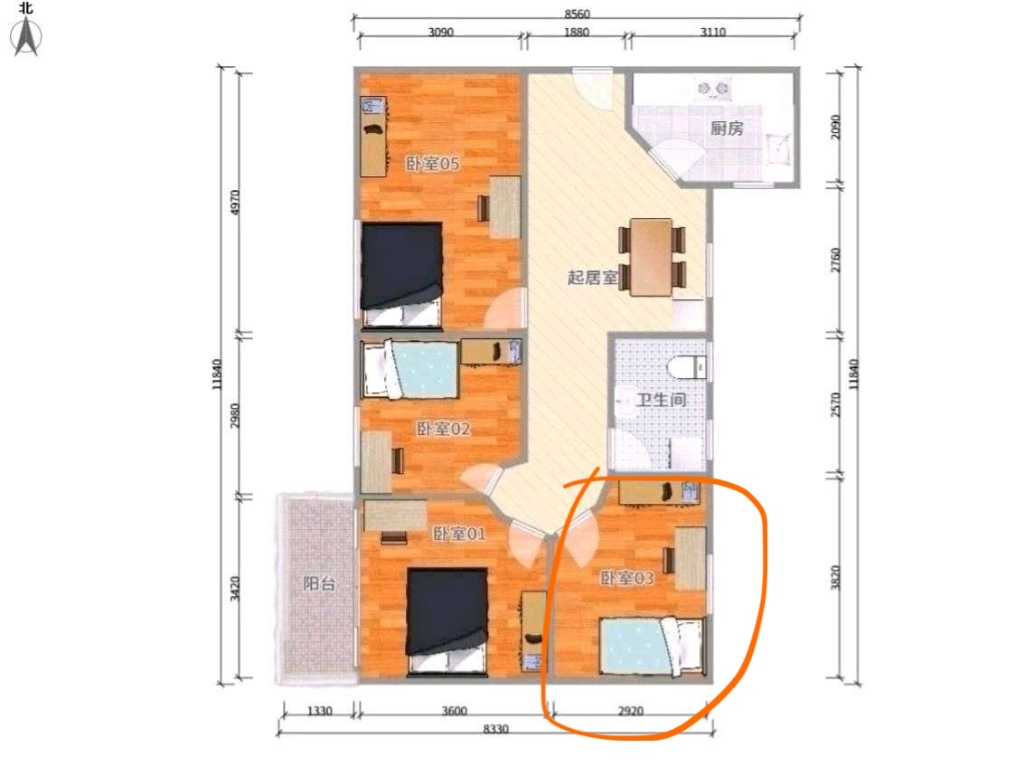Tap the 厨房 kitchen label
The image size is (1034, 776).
(x=727, y=128)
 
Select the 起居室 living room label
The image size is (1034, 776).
(x=593, y=277)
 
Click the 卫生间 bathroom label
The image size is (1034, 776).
(x=661, y=400)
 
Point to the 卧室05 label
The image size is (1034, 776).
(x=433, y=164)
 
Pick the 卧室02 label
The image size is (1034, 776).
(x=443, y=429)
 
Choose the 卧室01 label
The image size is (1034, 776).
(x=460, y=534)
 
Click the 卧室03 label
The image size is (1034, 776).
(x=626, y=579)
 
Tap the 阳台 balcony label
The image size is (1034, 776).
(x=319, y=584)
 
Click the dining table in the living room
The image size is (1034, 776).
(x=652, y=257)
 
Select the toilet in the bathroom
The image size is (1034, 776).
(x=687, y=367)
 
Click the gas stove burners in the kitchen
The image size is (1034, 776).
(x=713, y=88)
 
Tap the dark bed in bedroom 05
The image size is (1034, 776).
(x=401, y=275)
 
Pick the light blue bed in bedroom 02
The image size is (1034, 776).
(x=410, y=369)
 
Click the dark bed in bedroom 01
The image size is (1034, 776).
(x=447, y=621)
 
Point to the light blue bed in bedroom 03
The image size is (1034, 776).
(x=653, y=646)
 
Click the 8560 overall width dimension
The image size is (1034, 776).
(x=577, y=14)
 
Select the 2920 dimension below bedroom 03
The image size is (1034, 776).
(x=630, y=711)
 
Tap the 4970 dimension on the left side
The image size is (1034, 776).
(x=235, y=202)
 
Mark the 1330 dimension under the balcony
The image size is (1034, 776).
(x=320, y=711)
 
